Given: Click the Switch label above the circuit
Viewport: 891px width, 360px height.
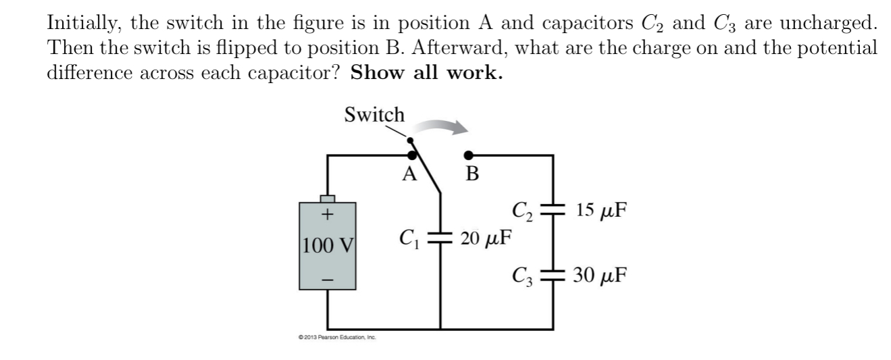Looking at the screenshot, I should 374,115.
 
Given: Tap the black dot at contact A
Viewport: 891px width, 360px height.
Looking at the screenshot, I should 421,155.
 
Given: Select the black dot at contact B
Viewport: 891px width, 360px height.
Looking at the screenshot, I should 467,155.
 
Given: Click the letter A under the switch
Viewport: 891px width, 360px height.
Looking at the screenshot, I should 409,174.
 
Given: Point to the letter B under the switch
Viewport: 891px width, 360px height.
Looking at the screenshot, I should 472,175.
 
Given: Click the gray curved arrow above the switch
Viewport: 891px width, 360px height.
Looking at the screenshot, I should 440,126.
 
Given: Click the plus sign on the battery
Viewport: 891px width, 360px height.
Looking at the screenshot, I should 328,215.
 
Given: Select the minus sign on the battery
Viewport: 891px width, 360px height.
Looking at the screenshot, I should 328,277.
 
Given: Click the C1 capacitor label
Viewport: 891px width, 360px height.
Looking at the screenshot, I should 409,238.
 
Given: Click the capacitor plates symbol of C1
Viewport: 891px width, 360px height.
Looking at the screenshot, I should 442,238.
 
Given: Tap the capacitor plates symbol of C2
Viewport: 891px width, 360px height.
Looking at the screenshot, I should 553,210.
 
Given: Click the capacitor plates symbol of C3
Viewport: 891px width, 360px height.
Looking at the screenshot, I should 553,275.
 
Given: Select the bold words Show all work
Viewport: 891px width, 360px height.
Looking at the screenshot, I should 426,73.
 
